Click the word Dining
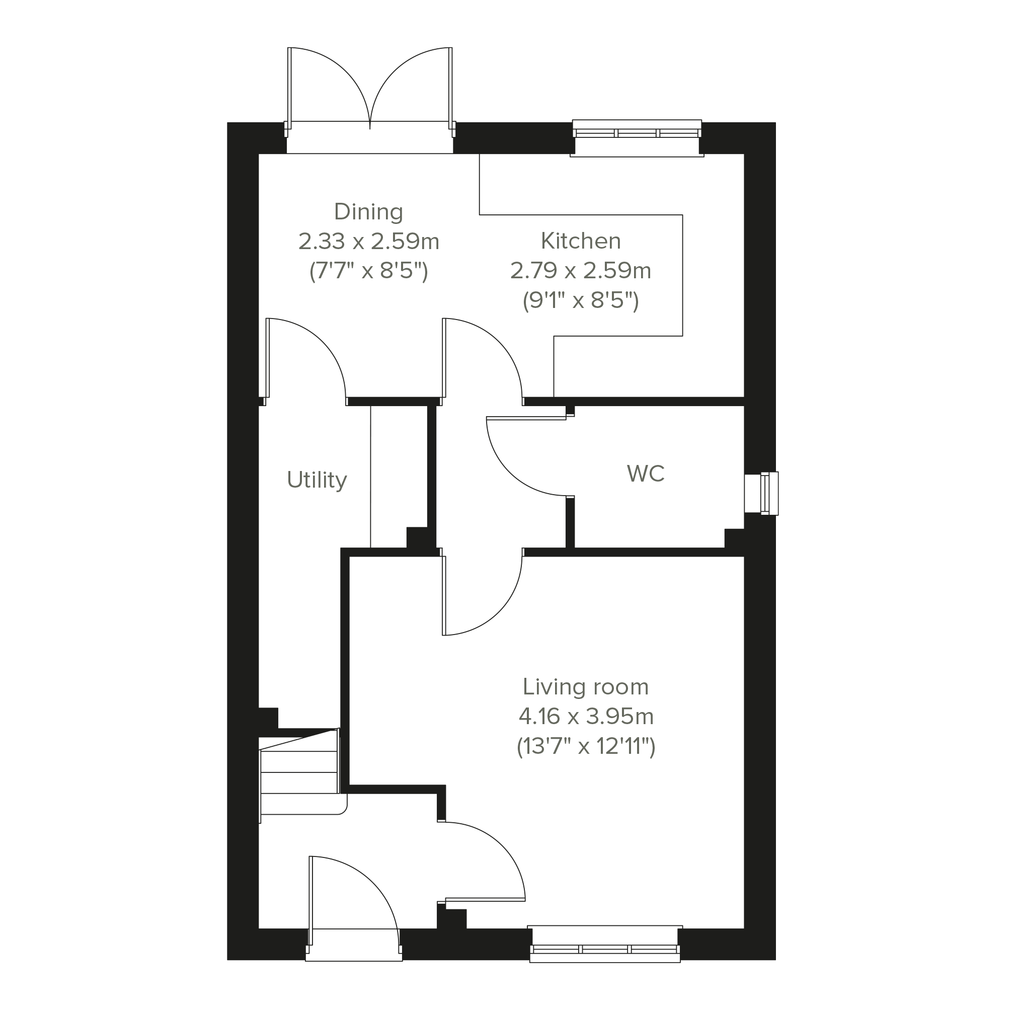coord(369,212)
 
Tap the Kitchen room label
coord(581,241)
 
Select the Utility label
coord(317,481)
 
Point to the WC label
coord(646,474)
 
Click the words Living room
coord(585,687)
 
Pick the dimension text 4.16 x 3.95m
coord(586,717)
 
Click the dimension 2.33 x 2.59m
coord(369,242)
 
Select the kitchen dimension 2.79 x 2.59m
coord(581,271)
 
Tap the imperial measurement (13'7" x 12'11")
coord(586,747)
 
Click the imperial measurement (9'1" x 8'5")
coord(581,300)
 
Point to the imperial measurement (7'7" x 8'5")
coord(369,271)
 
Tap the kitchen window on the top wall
coord(637,138)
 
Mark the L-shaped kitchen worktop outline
coord(682,274)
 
